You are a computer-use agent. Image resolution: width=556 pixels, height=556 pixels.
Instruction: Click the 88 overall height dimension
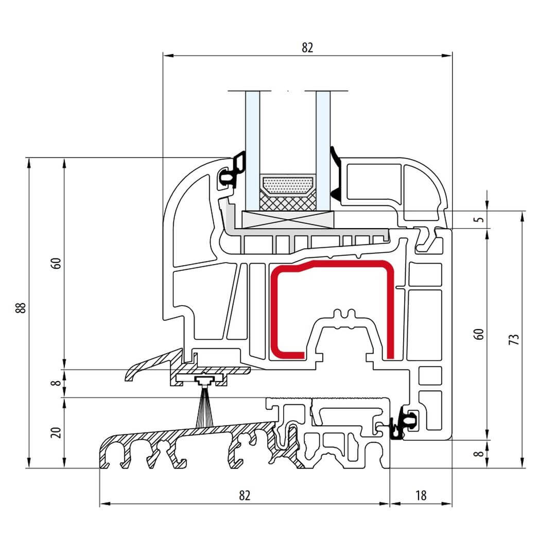pos(21,308)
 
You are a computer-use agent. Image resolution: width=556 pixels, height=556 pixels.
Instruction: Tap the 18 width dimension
pos(421,495)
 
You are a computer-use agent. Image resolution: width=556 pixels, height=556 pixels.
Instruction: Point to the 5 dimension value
pos(480,219)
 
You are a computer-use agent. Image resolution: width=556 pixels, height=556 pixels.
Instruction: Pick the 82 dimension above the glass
pos(307,47)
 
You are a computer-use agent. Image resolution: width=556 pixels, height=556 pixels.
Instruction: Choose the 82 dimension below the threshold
pos(245,495)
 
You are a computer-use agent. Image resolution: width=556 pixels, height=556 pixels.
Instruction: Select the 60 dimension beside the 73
pos(480,334)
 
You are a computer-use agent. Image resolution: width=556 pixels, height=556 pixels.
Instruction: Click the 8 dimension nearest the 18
pos(480,454)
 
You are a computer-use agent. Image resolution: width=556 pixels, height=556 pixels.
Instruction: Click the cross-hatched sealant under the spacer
pos(287,202)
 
